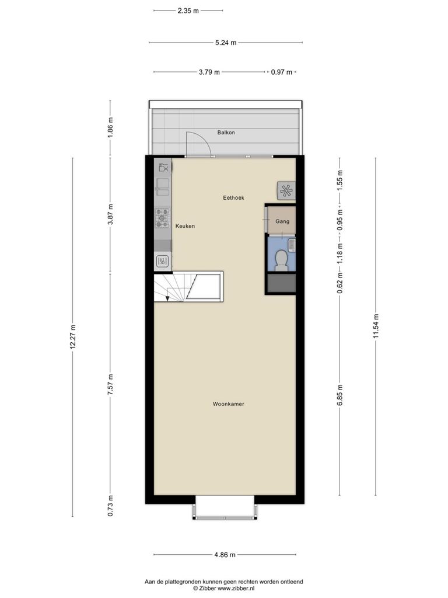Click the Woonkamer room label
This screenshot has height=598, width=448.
coord(228,404)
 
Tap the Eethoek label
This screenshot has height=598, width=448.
coord(233,197)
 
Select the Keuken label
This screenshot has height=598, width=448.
coord(185,226)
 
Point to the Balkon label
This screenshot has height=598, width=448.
coord(226,133)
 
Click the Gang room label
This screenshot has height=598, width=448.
coord(282,221)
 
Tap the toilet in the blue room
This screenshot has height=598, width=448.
coord(281,260)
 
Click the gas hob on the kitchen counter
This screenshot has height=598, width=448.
coord(162,218)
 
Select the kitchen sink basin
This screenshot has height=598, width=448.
coord(163,187)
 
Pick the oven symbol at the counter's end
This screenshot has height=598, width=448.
coord(162,261)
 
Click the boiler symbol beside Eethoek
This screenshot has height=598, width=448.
coord(286,190)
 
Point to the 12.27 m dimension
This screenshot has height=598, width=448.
coord(73,337)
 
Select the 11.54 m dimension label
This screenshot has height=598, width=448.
coord(376,326)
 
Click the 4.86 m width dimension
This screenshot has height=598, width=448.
coord(225,555)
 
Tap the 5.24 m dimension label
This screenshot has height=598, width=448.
coord(226,43)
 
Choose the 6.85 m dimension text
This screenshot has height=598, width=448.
coord(340,395)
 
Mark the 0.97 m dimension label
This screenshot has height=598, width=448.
coord(282,72)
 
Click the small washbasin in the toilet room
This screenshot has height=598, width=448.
coord(292,245)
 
